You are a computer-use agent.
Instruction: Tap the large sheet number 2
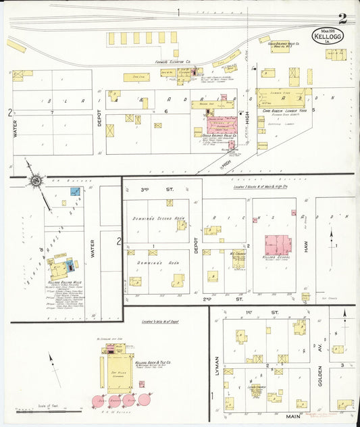tap(343, 18)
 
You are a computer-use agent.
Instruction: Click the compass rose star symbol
tap(35, 180)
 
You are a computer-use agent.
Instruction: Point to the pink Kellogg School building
tap(278, 245)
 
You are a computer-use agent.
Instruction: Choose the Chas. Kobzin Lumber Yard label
tap(280, 111)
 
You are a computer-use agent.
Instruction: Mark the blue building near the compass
tap(75, 192)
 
